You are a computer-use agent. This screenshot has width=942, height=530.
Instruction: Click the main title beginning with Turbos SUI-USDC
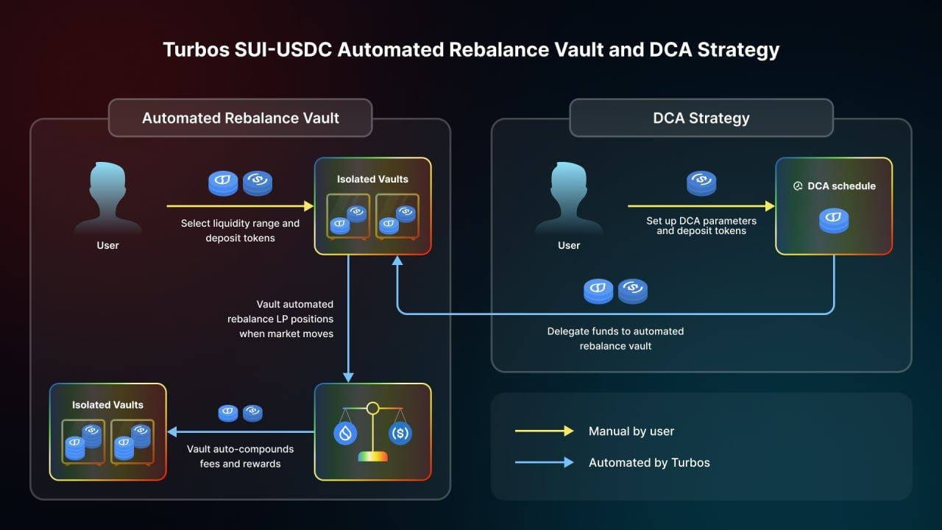pyautogui.click(x=471, y=50)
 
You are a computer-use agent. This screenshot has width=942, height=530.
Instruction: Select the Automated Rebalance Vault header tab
pyautogui.click(x=240, y=118)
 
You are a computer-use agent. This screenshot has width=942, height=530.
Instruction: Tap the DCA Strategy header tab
pyautogui.click(x=701, y=118)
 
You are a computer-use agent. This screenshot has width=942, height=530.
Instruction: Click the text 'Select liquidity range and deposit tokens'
pyautogui.click(x=240, y=230)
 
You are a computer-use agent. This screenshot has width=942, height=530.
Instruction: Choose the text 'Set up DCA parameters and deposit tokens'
pyautogui.click(x=701, y=225)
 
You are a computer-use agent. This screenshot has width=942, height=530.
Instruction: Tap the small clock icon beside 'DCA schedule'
pyautogui.click(x=798, y=186)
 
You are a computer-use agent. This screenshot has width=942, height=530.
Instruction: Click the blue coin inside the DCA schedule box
pyautogui.click(x=834, y=220)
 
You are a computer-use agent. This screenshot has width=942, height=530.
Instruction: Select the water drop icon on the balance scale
pyautogui.click(x=345, y=433)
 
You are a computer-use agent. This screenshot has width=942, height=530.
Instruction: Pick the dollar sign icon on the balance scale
pyautogui.click(x=400, y=433)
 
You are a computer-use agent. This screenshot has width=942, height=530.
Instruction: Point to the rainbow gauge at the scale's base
pyautogui.click(x=372, y=456)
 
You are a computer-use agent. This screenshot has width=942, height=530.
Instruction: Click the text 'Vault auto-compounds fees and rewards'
pyautogui.click(x=240, y=456)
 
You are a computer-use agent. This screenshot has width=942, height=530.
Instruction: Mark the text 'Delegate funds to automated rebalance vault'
pyautogui.click(x=615, y=339)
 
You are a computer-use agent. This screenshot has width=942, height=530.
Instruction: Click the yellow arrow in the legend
pyautogui.click(x=544, y=431)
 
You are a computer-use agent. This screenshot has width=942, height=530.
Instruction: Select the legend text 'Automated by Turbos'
pyautogui.click(x=649, y=462)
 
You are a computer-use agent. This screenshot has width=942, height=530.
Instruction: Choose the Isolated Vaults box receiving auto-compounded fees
pyautogui.click(x=107, y=431)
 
